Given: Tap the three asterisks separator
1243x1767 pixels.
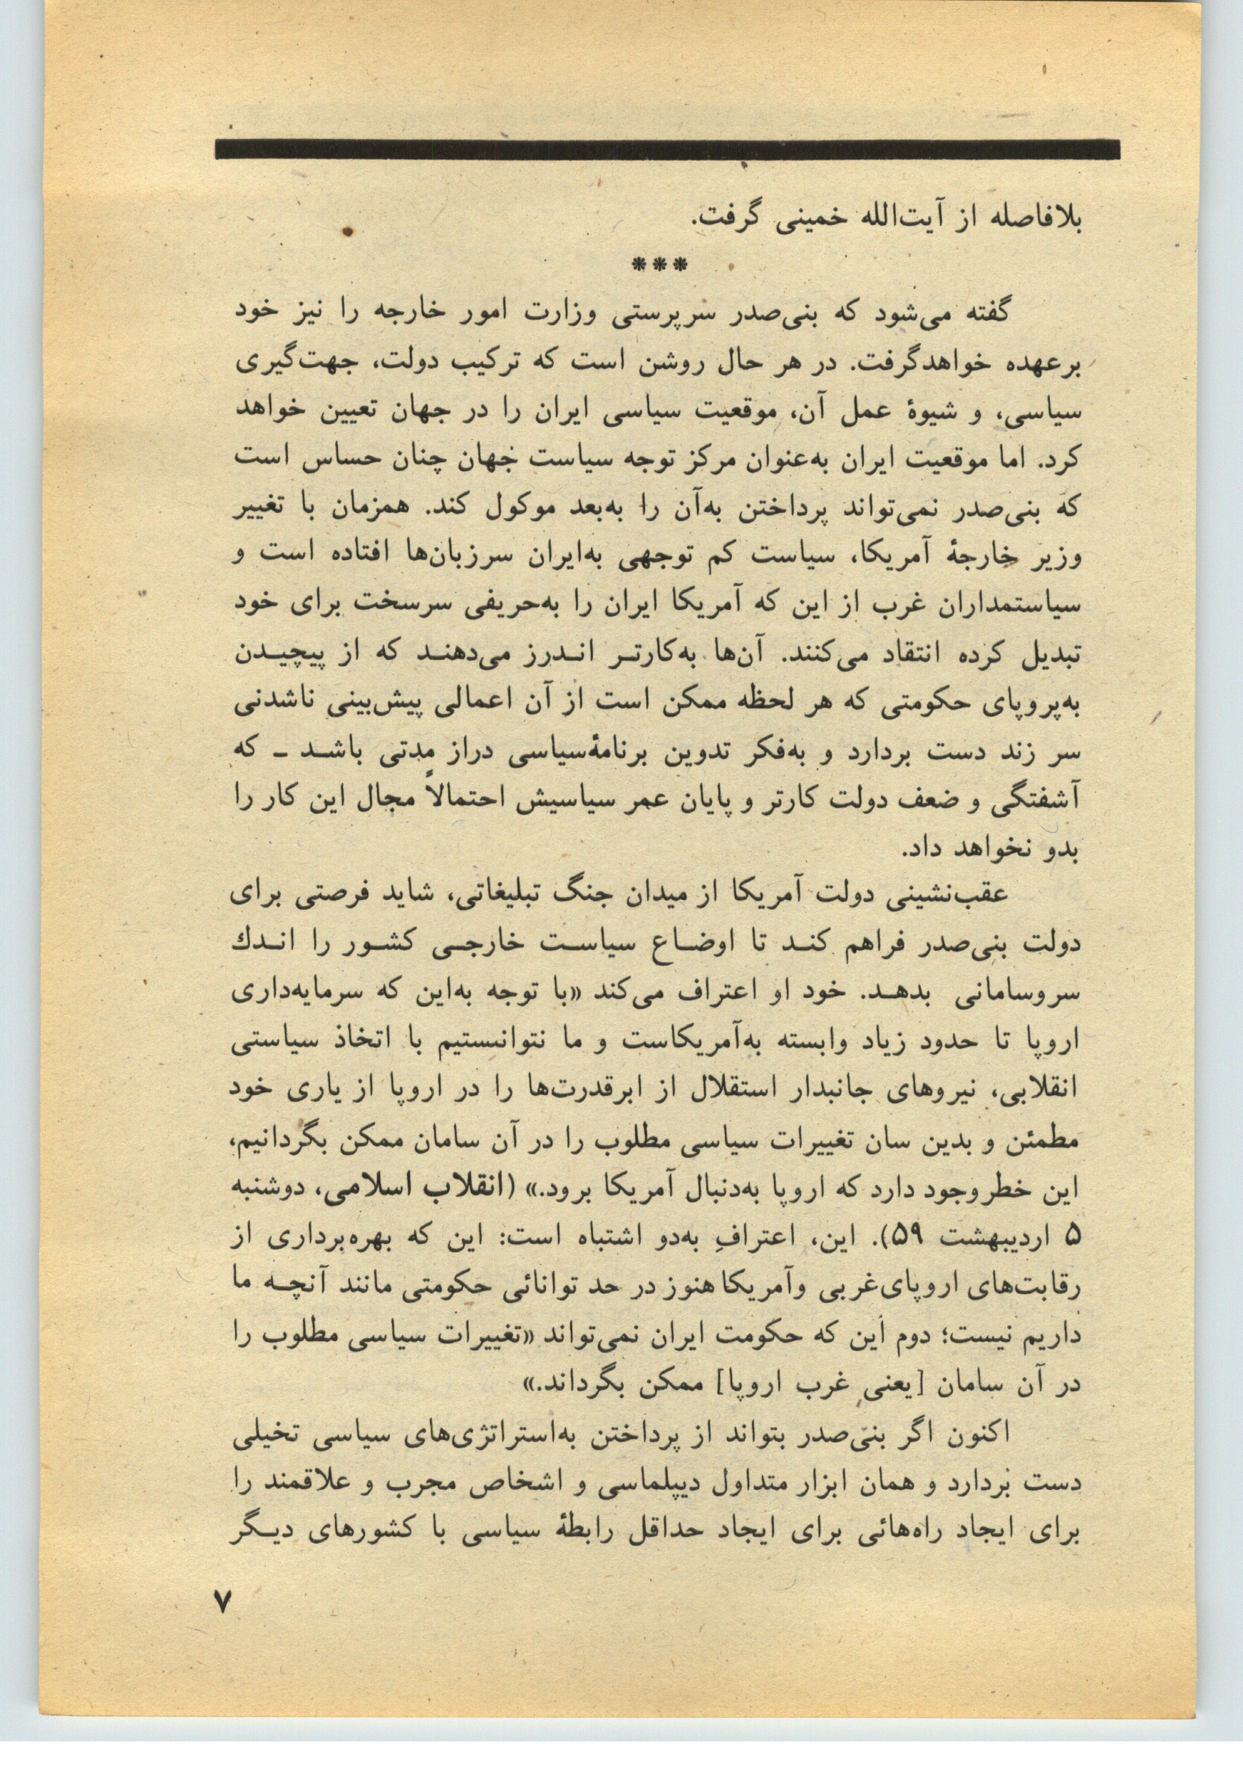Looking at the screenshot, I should coord(659,266).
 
